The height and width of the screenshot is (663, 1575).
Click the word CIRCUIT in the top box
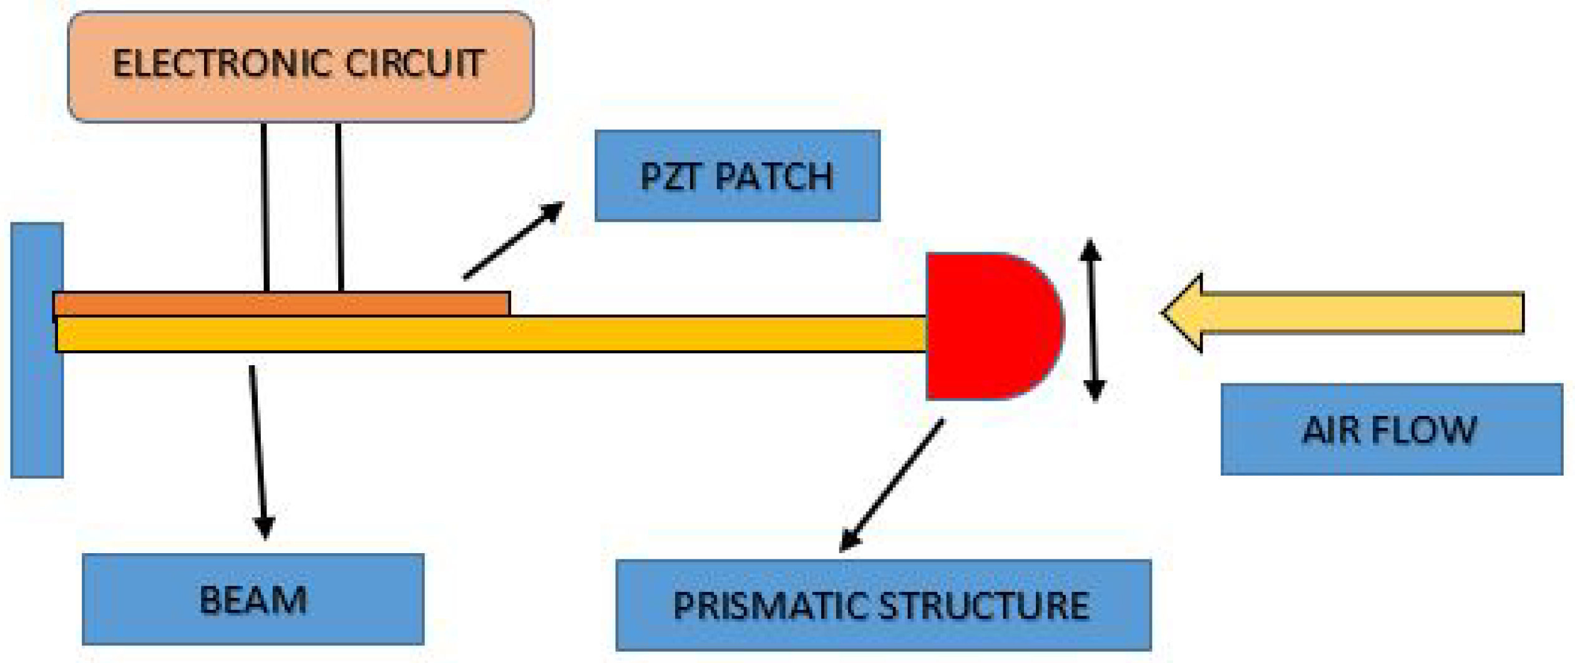(415, 64)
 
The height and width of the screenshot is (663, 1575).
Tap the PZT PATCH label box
(737, 176)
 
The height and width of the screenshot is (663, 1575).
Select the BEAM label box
(253, 599)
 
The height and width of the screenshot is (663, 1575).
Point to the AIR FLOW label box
(1391, 430)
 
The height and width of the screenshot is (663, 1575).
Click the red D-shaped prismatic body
(986, 326)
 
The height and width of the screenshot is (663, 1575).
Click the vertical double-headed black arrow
(1092, 320)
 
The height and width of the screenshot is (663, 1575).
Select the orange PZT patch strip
(281, 304)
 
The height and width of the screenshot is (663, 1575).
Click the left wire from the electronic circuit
(265, 206)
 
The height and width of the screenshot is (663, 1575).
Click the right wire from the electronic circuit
(339, 206)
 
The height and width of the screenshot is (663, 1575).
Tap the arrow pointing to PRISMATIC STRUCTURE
(891, 486)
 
